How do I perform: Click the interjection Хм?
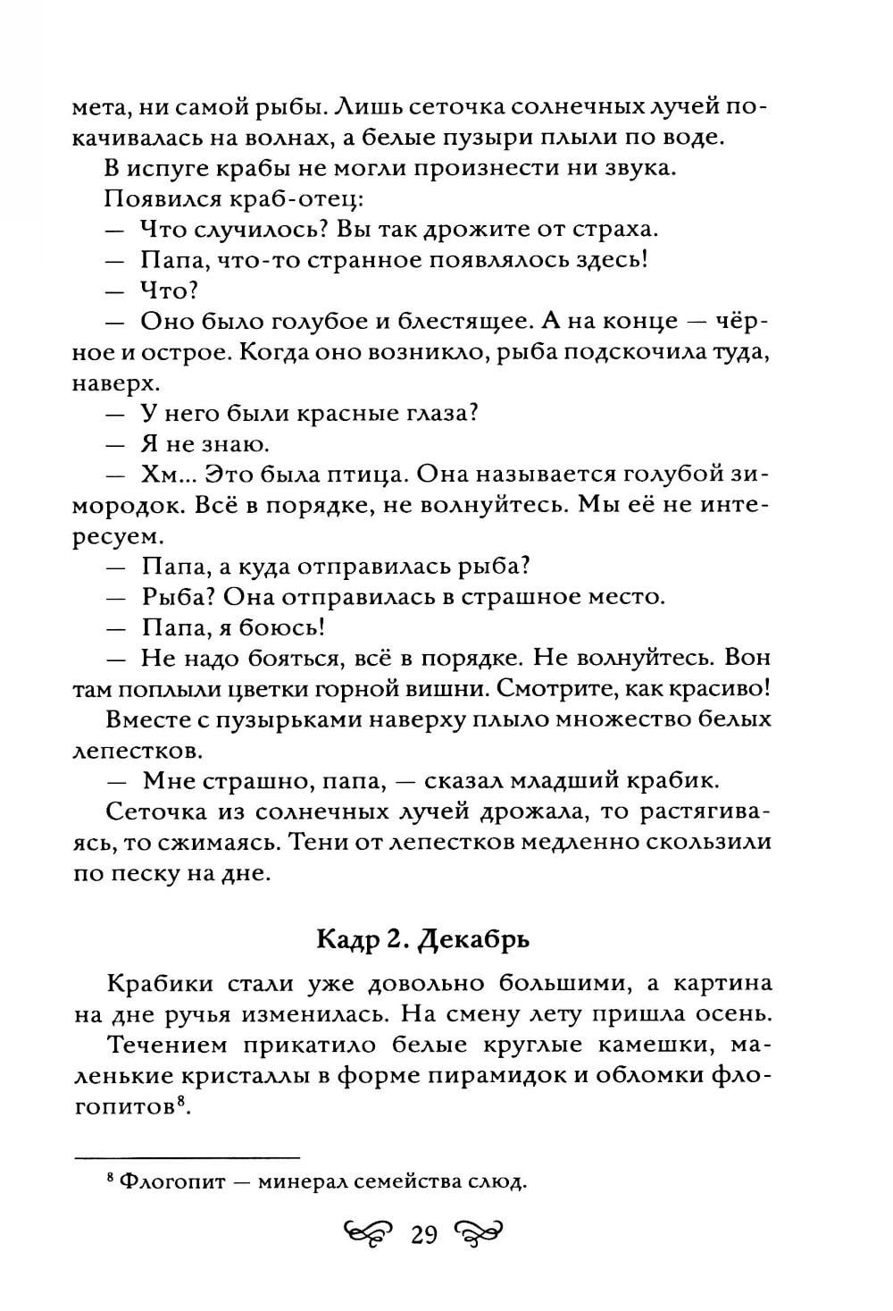pos(158,474)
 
